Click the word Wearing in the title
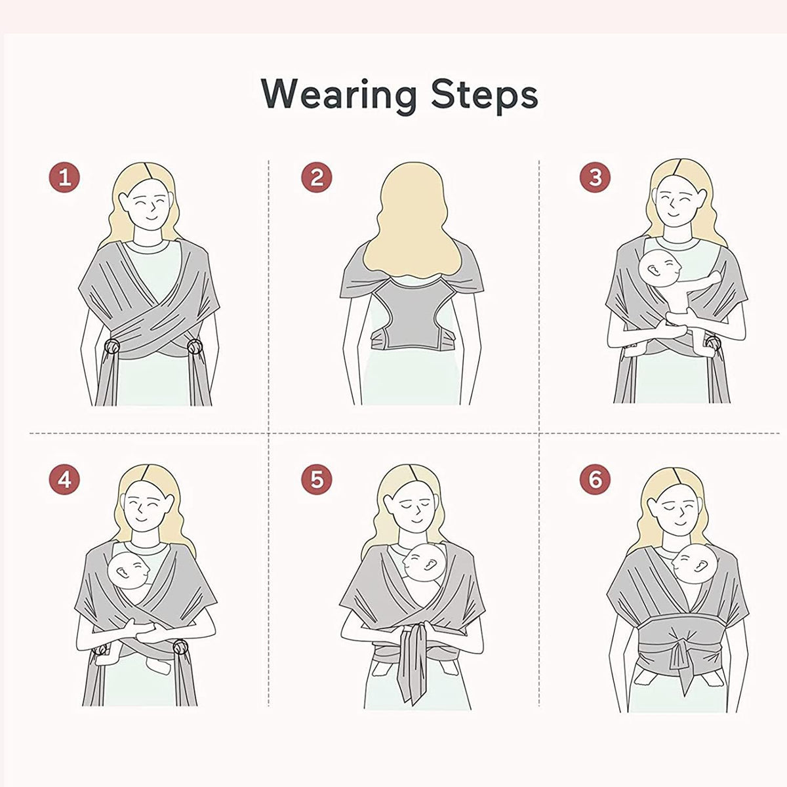coord(339,94)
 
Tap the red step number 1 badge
coord(64,178)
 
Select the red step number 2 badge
coord(317,178)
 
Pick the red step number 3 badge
coord(595,178)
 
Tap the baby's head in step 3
coord(660,269)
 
